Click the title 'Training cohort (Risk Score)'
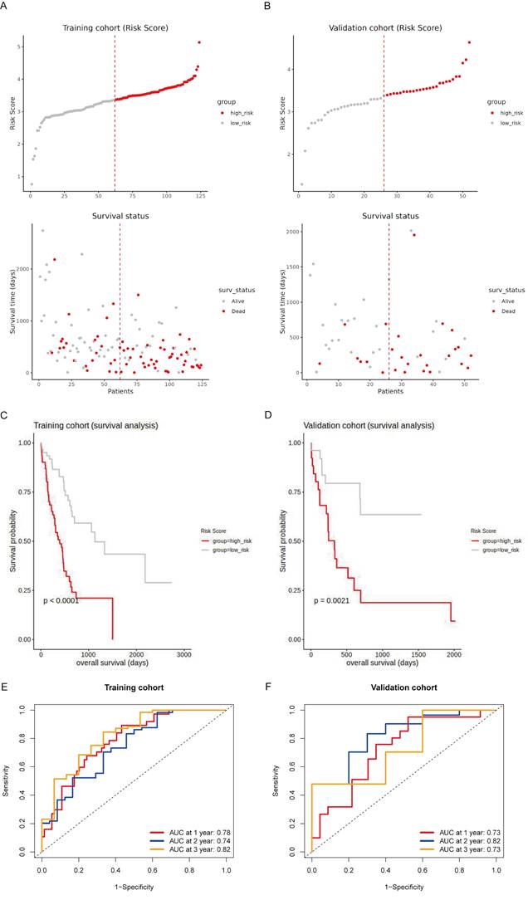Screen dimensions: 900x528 point(115,28)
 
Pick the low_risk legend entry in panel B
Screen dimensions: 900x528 point(502,122)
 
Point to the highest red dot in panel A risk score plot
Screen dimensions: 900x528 point(199,42)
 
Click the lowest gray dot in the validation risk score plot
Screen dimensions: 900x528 point(301,184)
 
